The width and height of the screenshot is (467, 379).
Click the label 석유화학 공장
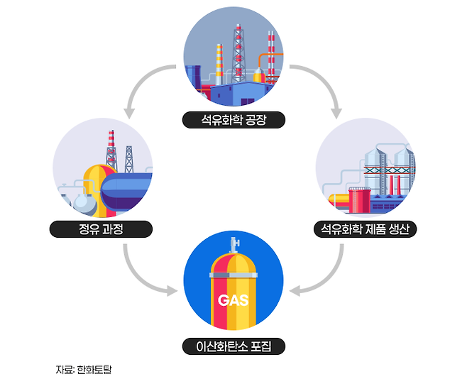tap(233, 119)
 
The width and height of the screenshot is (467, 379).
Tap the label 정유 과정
tap(101, 229)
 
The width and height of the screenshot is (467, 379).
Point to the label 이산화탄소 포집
tap(233, 346)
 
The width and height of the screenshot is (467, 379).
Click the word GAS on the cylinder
tap(233, 300)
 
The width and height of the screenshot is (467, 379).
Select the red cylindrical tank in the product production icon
tap(358, 200)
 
